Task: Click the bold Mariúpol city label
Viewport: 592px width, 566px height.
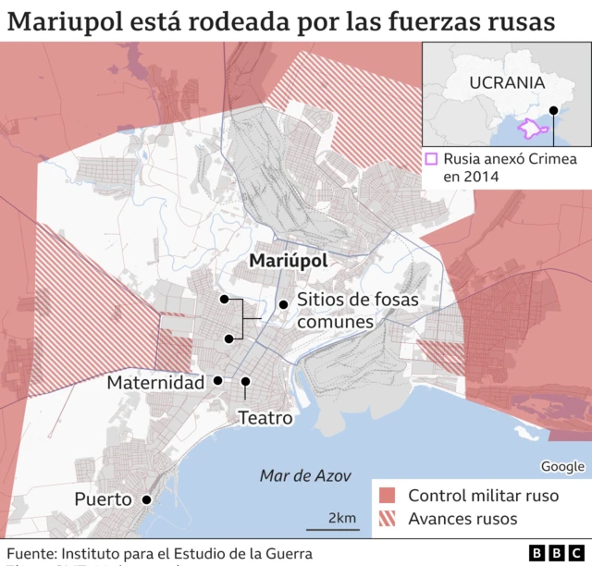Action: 290,262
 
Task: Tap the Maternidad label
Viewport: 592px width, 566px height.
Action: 155,382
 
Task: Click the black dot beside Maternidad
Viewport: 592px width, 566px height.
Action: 217,380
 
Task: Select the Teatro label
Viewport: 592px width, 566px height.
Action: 265,418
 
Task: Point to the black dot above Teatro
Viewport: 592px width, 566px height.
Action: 246,381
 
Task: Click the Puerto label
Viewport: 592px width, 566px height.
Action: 103,499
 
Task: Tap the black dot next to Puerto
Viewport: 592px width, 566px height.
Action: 146,499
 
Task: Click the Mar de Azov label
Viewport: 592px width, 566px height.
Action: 305,475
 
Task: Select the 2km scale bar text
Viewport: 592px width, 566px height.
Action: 341,517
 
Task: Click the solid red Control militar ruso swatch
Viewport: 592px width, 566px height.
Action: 387,496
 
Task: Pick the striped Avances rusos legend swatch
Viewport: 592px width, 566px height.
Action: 387,519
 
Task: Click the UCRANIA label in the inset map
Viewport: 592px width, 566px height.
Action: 507,81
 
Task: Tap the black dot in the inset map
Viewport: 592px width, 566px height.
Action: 553,111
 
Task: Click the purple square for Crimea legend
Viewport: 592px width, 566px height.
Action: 432,158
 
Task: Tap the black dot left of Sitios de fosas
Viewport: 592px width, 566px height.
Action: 283,305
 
